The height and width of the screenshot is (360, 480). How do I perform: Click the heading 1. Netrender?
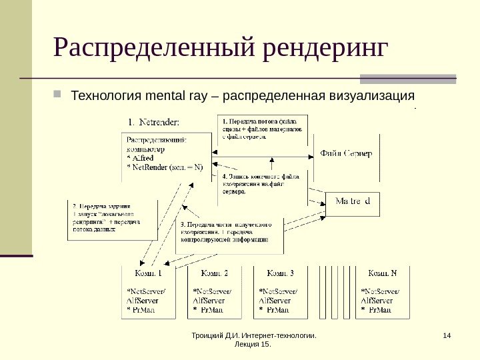pyautogui.click(x=158, y=122)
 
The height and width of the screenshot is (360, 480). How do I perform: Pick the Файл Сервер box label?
pyautogui.click(x=346, y=154)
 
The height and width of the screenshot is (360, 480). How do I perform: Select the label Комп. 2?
pyautogui.click(x=214, y=273)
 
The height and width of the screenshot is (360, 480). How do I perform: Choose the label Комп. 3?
pyautogui.click(x=280, y=273)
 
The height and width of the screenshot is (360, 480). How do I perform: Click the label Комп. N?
pyautogui.click(x=383, y=273)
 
